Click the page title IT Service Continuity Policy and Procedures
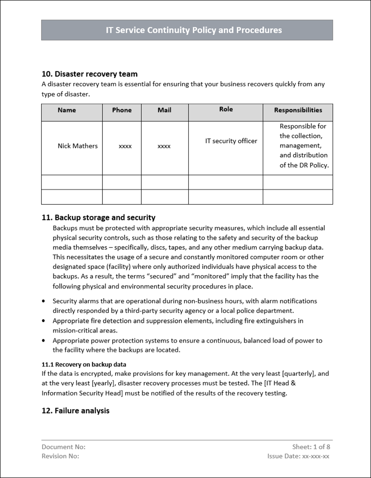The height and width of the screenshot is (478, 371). coord(194,30)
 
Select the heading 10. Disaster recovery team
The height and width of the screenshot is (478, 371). coord(90,74)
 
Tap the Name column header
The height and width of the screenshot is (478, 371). coord(67,110)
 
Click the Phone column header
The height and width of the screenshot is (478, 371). coord(122,110)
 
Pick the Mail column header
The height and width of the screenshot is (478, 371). coord(164,110)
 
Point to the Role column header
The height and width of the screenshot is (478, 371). coord(226,109)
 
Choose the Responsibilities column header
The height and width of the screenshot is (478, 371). coord(298,110)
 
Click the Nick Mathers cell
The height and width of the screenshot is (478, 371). coord(78,146)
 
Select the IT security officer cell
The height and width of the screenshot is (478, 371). coord(231,141)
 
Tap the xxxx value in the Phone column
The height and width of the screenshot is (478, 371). coord(125,146)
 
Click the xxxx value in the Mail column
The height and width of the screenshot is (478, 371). coord(164,146)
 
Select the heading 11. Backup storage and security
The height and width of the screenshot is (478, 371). coord(99,218)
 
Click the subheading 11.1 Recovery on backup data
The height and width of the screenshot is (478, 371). coord(84,364)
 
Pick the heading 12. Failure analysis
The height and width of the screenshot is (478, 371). coord(75,411)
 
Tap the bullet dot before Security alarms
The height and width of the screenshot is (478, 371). coord(43,301)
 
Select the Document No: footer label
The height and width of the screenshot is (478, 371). coord(64,447)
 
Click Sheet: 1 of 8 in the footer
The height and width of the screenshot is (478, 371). coord(311,447)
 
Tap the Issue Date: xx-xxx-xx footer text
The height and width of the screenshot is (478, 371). coord(298,456)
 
